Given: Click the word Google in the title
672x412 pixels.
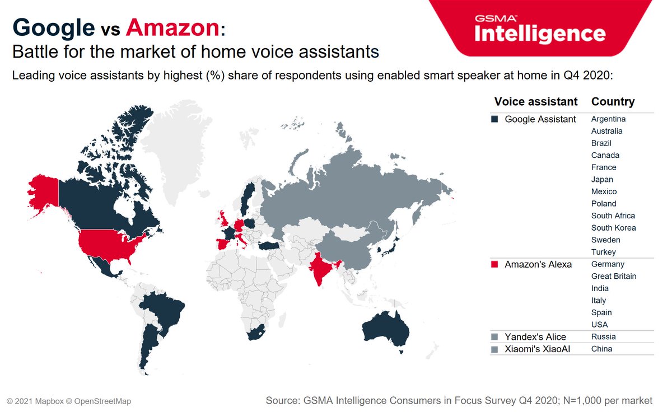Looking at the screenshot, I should coord(53,27).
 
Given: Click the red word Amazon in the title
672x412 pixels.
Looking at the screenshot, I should coord(172,27).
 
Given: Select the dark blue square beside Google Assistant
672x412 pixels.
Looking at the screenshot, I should coord(494,119).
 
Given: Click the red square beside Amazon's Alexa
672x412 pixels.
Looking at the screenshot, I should coord(494,264).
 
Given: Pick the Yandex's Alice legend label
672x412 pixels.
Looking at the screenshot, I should coord(535,337).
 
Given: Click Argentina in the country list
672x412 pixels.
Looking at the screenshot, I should coord(608,119).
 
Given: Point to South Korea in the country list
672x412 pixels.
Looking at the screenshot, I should coord(613,228).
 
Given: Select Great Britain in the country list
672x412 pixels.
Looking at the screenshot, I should coord(614,277).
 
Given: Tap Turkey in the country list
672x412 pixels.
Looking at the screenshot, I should coord(603,252).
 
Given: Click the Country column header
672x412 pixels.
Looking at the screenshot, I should coord(613,102).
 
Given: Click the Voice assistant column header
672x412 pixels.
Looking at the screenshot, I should coord(535,102).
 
